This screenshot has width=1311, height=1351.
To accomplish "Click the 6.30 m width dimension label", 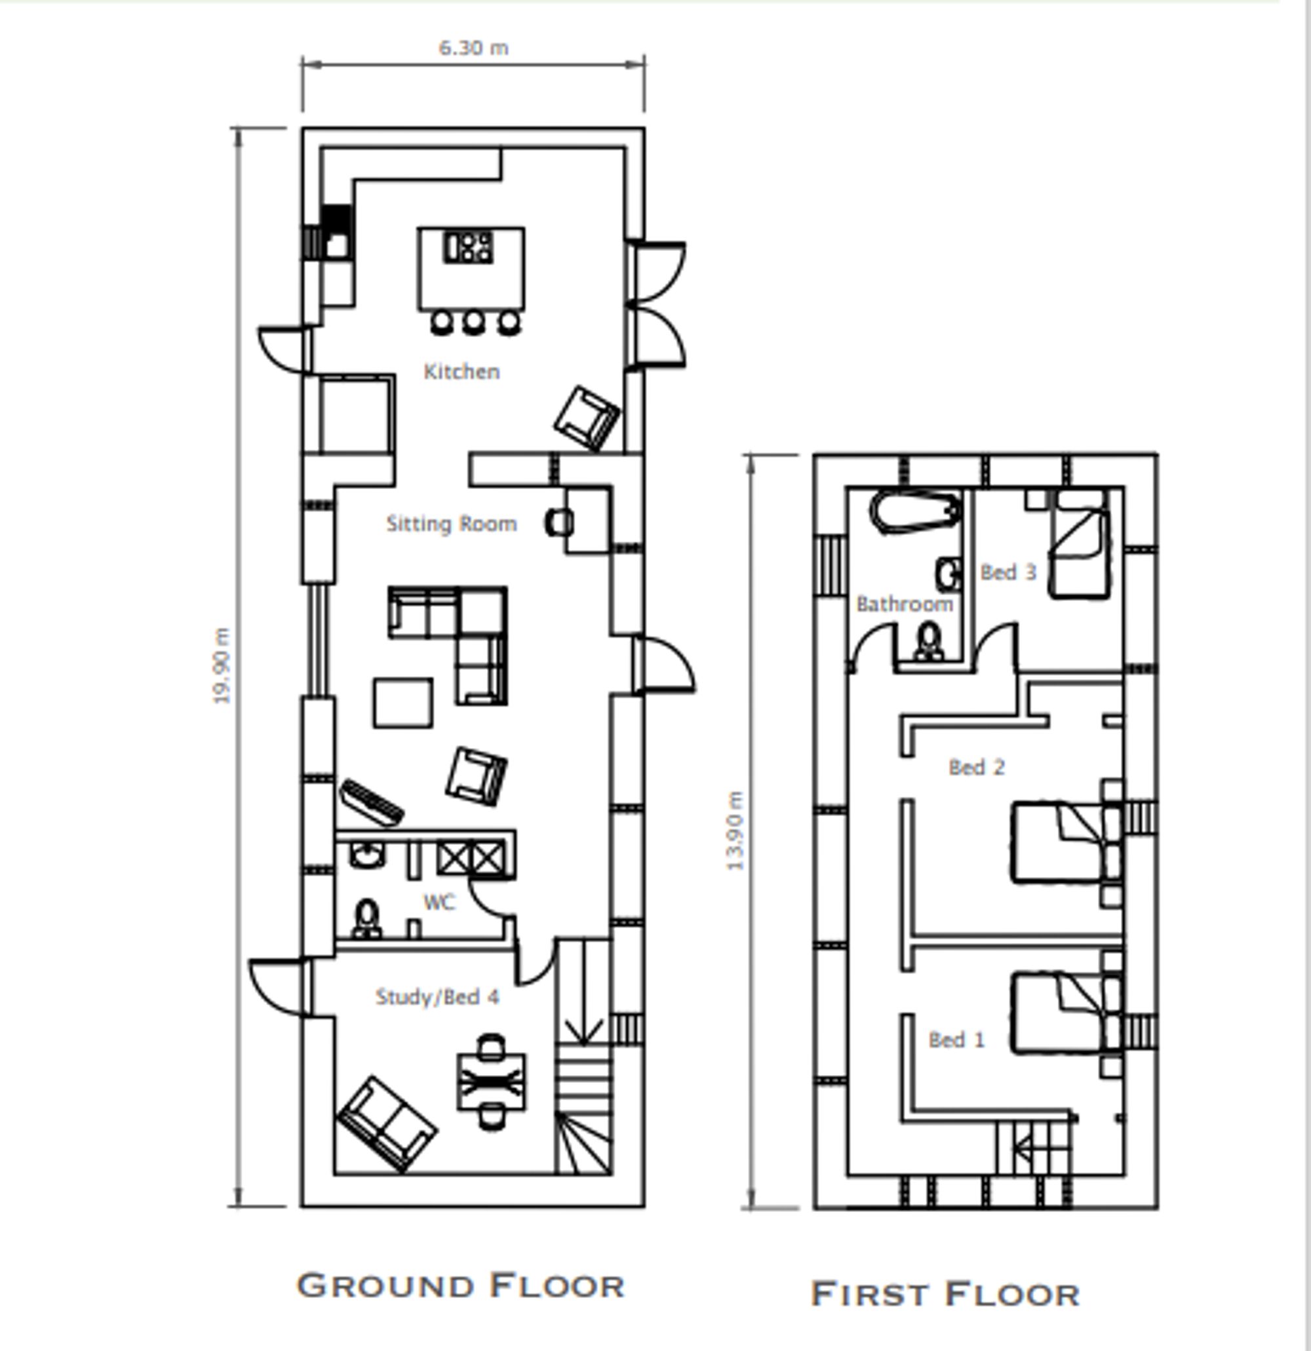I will [x=473, y=48].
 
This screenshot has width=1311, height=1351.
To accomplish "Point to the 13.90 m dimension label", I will [x=735, y=831].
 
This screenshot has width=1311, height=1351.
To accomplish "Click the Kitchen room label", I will [x=461, y=372].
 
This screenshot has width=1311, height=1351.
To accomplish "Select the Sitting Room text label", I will [x=452, y=524].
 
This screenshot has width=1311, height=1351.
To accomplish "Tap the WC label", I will [x=439, y=902].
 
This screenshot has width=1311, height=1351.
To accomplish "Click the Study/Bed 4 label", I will [x=437, y=997].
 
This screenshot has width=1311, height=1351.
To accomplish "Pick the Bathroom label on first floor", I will [x=905, y=604].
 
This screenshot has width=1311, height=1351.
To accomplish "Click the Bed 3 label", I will [x=1008, y=572].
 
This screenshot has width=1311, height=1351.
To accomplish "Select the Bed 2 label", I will [x=976, y=767].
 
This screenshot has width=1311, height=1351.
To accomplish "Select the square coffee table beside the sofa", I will [x=403, y=703].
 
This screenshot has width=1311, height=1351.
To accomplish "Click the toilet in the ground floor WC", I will [x=366, y=920].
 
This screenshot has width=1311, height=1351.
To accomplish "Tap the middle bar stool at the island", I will [x=473, y=322].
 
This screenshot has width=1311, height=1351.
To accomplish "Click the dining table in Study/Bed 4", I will [x=491, y=1082].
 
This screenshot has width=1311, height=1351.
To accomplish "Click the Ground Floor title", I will [x=460, y=1285].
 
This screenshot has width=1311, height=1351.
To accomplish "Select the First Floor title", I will [x=945, y=1294].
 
